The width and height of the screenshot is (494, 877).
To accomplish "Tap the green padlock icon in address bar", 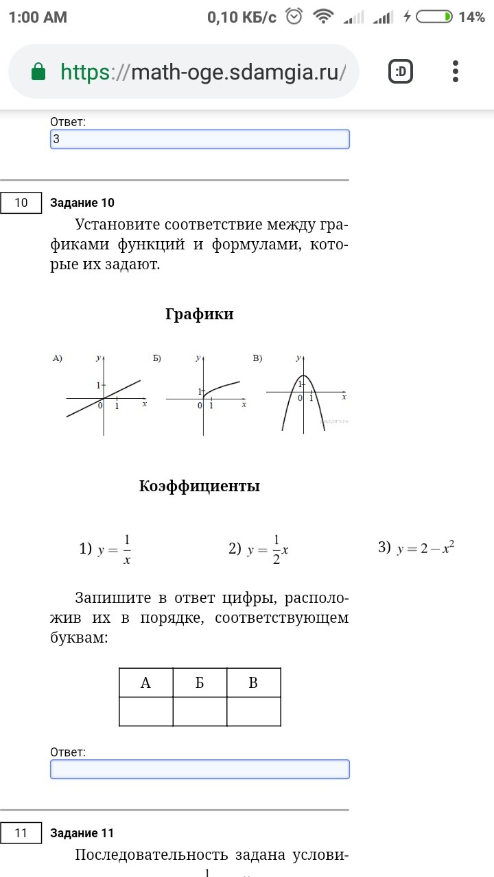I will tap(38, 71).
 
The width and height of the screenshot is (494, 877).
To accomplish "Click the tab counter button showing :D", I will tap(401, 71).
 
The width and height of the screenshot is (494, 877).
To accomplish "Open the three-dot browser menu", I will tap(456, 71).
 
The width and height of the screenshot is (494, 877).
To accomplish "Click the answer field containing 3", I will tap(200, 139).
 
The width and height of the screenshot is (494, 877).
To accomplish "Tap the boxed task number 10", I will tap(21, 203).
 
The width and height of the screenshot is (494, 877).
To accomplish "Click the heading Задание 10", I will tap(82, 203).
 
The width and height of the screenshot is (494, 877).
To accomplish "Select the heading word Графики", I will tap(199, 314).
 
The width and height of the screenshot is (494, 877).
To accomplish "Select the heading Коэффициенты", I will tap(199, 486).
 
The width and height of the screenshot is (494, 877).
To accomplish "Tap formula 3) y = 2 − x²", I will tap(416, 548).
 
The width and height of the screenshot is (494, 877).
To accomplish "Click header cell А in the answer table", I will tap(145, 683).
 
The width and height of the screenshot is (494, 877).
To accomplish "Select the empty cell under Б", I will tap(200, 711).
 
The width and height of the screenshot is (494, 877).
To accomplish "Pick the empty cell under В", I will tap(253, 711).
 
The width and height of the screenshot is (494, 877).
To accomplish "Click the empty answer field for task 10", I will tap(200, 769).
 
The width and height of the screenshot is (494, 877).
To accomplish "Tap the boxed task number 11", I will tap(21, 833).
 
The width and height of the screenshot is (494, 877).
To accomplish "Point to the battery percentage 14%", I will tap(471, 17).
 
